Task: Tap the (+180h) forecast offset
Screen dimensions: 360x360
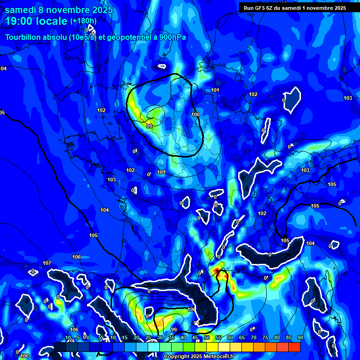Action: point(83,21)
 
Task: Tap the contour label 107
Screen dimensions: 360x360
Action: point(46,263)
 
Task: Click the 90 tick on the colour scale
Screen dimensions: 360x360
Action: point(300,337)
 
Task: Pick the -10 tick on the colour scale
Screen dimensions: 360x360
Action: point(67,337)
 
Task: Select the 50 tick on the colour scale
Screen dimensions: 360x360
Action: point(206,337)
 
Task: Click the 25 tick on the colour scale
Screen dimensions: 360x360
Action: point(148,337)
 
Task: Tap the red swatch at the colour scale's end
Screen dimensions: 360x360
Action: point(294,347)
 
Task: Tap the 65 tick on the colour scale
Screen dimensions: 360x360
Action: point(241,337)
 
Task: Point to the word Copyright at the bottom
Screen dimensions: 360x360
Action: point(178,357)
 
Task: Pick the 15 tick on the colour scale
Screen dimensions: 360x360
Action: point(124,337)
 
